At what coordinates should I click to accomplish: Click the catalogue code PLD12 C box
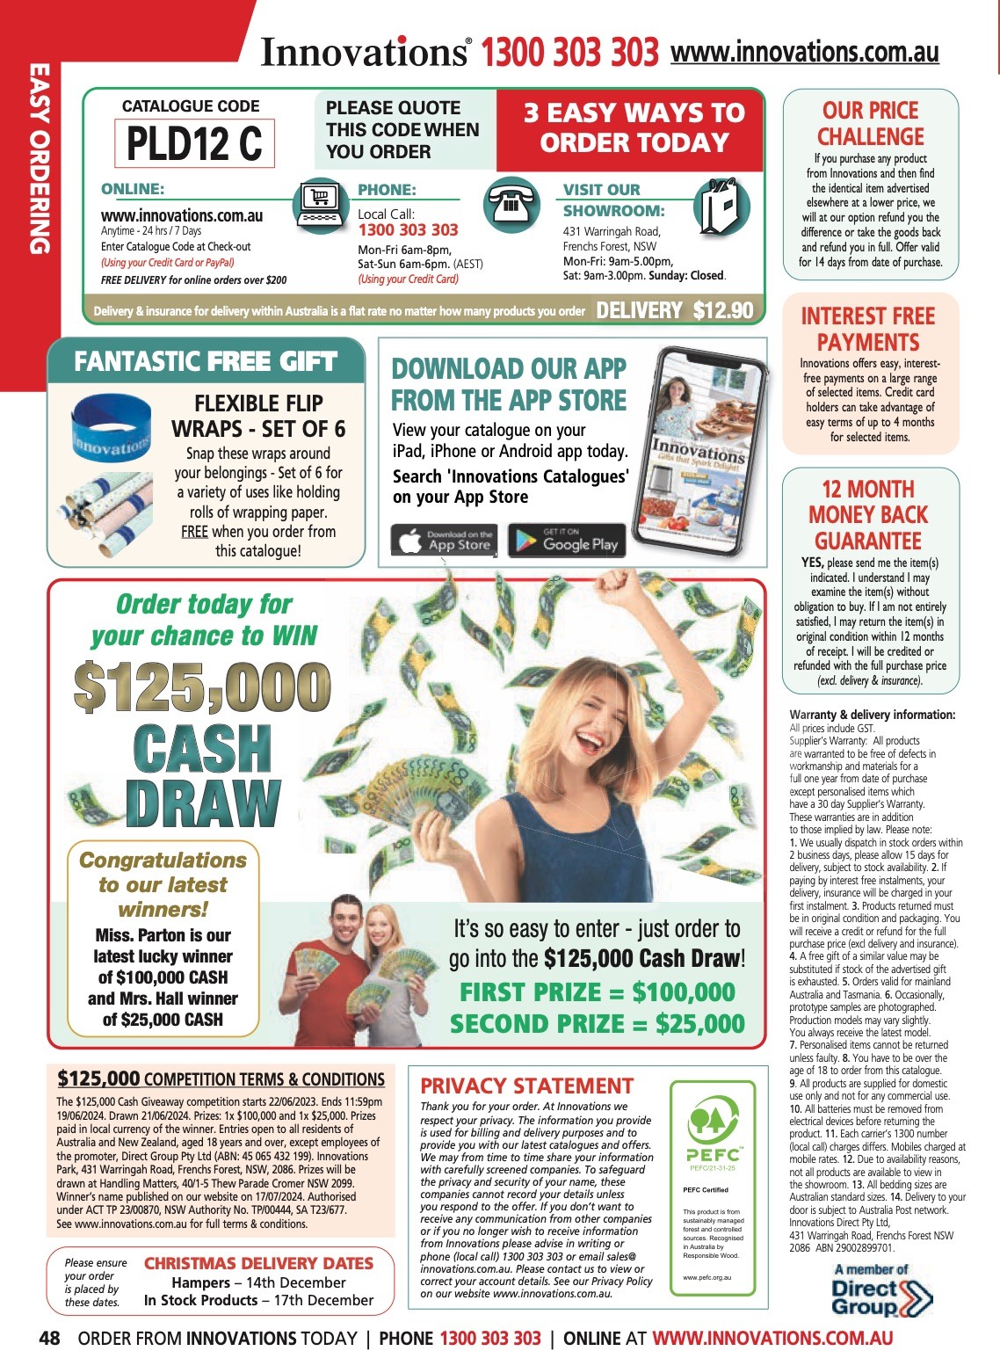(x=194, y=143)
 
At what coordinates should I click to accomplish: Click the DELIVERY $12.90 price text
(x=674, y=310)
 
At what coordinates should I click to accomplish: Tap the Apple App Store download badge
(x=443, y=541)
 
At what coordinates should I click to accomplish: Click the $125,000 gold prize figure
(x=202, y=687)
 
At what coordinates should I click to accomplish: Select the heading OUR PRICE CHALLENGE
(x=870, y=124)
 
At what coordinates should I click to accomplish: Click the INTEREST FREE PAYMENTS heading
(x=868, y=329)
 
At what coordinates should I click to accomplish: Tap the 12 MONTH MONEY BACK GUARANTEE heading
(x=868, y=514)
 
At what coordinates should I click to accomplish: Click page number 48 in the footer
(x=49, y=1338)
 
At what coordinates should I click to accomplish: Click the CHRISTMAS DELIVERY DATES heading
(x=258, y=1263)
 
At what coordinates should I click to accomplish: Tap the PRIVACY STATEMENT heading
(x=526, y=1086)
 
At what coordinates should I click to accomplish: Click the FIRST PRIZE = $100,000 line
(x=598, y=992)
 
